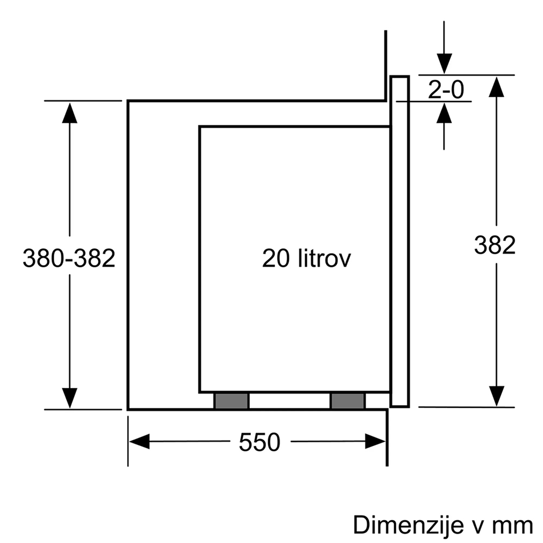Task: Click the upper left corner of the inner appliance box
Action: (200, 127)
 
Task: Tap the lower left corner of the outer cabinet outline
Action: (128, 409)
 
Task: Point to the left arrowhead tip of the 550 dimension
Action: (129, 441)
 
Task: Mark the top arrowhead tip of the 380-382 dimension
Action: (70, 103)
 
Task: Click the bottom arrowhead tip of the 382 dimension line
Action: (497, 406)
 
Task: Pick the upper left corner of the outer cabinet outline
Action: (128, 101)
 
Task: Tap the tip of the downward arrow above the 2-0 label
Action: (444, 74)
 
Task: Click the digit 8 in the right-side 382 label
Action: (495, 245)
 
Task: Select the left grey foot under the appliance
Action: (231, 401)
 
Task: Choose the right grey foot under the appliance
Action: (348, 401)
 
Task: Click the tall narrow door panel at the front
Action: (400, 241)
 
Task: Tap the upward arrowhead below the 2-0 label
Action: (444, 112)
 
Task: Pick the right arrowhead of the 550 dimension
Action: (375, 441)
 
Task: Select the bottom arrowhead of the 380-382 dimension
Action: (70, 398)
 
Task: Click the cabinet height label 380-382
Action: (69, 258)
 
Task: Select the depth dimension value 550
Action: (260, 442)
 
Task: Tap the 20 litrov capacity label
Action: (306, 258)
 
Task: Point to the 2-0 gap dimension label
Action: (446, 90)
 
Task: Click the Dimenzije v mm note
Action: (443, 525)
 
